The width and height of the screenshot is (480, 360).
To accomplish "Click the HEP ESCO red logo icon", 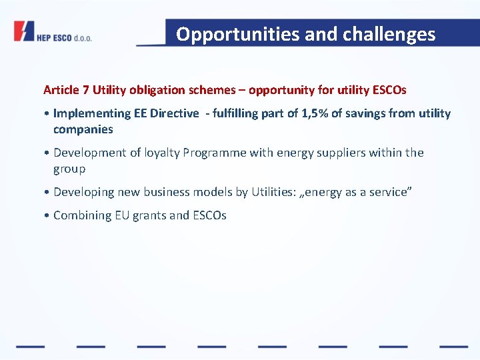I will click(24, 31).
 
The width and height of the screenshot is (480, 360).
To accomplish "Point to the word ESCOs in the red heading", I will click(391, 89).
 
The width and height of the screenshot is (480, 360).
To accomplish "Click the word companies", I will click(83, 129).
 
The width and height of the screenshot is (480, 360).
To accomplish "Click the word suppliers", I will click(337, 153).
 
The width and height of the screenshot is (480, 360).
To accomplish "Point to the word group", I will click(69, 169).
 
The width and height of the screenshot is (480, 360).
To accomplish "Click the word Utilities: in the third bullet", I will click(276, 192).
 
